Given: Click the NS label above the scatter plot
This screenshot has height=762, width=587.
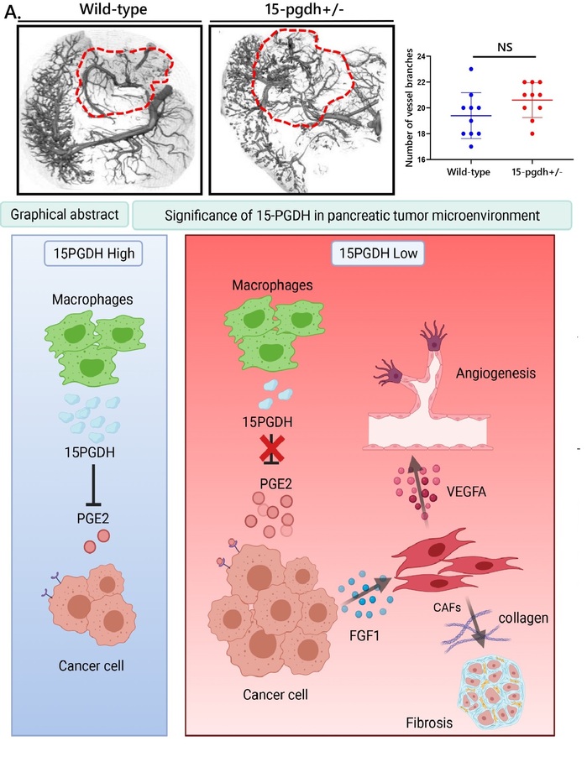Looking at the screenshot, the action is coord(505,47).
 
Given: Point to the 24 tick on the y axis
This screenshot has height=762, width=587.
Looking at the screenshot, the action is coord(421,57).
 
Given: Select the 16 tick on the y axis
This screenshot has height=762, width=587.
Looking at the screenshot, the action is coord(421,159).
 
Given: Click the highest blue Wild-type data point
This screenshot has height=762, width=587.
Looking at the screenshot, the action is coord(471,69).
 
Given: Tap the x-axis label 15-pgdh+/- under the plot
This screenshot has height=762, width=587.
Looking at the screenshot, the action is coord(537,172).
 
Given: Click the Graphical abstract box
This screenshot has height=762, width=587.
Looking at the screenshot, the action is coord(64,215).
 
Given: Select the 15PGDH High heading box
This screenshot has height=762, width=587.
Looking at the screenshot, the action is coord(93,253).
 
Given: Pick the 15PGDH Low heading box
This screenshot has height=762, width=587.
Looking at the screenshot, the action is coord(378,253).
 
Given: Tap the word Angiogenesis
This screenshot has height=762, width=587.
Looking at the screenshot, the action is coord(495,373).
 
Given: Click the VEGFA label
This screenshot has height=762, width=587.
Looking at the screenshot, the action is coord(466,492).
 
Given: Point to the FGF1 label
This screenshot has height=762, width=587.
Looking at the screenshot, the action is coord(364,635).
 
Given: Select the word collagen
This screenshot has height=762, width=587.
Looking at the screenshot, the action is coord(523,618).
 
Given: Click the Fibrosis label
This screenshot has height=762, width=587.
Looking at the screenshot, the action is coord(429,723).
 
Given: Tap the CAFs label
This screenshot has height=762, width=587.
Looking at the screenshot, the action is coord(447,607).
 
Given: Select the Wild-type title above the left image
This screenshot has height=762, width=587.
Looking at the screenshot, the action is coord(113,9).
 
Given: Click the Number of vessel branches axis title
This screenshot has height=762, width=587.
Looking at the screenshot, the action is coord(410,108).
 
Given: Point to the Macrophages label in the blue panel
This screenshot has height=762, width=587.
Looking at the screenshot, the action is coord(92,300).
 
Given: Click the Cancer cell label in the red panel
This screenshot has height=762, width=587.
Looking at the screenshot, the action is coord(275,695).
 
